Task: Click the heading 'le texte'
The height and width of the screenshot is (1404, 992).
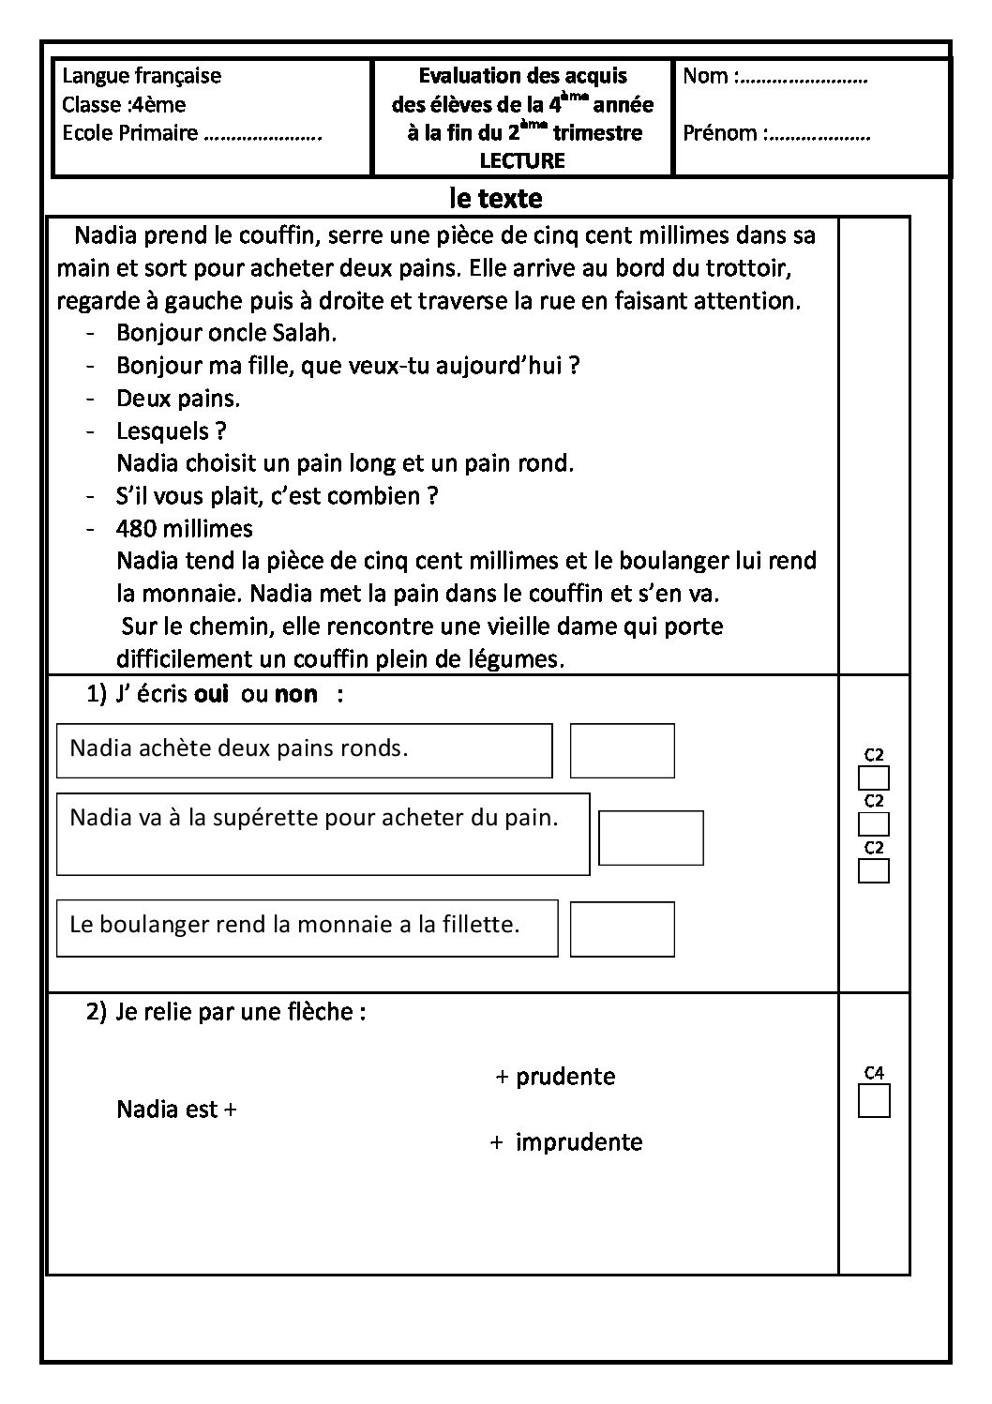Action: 495,199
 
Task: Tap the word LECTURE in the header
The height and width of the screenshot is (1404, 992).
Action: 522,160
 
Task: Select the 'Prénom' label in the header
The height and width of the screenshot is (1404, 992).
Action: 719,133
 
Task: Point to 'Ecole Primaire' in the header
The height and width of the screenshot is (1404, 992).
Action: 129,133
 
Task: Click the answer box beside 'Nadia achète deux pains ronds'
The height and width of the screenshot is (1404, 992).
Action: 622,750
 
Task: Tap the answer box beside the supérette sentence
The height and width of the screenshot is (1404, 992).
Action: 651,838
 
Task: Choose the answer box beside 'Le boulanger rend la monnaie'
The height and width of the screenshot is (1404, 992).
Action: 622,928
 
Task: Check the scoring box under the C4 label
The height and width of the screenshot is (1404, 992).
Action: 874,1100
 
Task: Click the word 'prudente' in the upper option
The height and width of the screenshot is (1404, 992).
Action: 565,1076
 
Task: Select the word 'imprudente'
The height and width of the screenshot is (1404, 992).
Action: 579,1142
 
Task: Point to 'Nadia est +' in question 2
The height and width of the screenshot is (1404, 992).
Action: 176,1110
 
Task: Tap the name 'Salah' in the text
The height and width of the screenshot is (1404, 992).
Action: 307,333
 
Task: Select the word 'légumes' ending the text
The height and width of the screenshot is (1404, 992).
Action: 524,659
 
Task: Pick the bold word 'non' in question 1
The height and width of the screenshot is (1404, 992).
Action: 295,695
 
